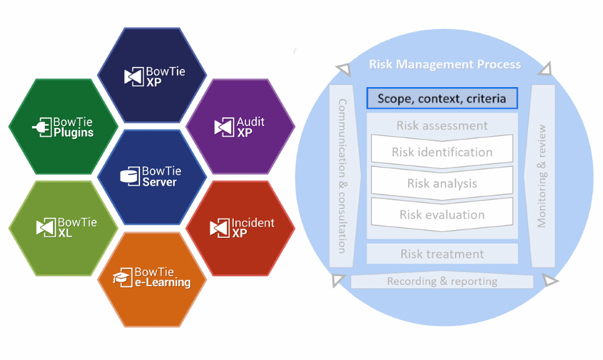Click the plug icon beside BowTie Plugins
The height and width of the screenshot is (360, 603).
[x=42, y=127]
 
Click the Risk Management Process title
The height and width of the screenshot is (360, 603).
[x=445, y=64]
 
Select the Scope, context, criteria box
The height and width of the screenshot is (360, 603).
[x=442, y=99]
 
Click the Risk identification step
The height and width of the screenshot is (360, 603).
[x=442, y=152]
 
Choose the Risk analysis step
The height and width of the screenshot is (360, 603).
[x=442, y=184]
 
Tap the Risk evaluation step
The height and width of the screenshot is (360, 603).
[x=442, y=215]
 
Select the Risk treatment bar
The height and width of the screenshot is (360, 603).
[x=442, y=254]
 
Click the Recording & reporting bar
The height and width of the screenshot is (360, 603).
[x=442, y=281]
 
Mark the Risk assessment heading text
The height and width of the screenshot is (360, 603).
[x=442, y=125]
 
